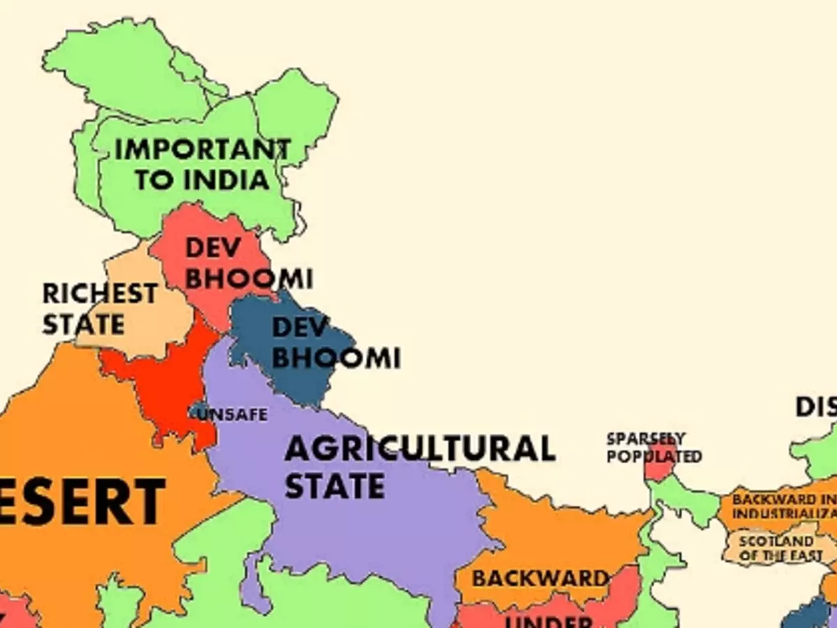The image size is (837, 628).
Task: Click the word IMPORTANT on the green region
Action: click(202, 149)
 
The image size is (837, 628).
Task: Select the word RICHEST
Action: click(100, 294)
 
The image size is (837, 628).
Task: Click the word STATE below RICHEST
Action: click(83, 324)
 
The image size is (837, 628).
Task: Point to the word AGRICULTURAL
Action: click(419, 449)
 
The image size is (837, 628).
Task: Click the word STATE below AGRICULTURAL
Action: click(335, 486)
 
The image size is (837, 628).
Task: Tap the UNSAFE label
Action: click(232, 414)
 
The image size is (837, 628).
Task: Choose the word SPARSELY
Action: click(645, 439)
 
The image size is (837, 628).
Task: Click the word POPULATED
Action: click(654, 456)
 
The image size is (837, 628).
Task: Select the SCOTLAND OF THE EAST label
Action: click(776, 548)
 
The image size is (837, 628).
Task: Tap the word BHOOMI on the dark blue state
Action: click(335, 358)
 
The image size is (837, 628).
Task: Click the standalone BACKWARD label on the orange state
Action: click(540, 578)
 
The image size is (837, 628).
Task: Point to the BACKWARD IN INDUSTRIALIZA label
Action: click(783, 507)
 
